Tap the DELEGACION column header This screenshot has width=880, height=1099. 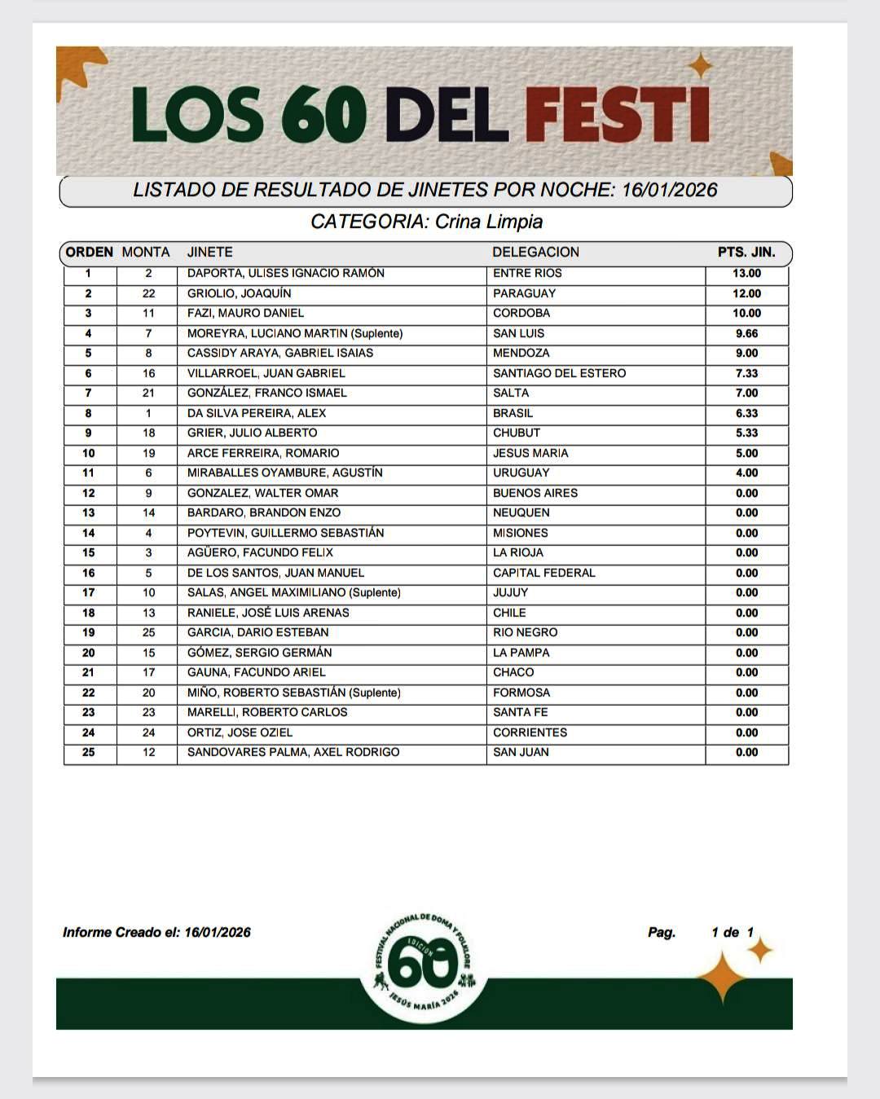pyautogui.click(x=535, y=253)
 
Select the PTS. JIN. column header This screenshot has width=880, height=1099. pyautogui.click(x=746, y=253)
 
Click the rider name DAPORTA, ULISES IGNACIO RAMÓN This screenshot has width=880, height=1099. pyautogui.click(x=285, y=274)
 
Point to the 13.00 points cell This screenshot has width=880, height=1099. pyautogui.click(x=746, y=274)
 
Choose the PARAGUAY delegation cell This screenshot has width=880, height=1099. pyautogui.click(x=524, y=293)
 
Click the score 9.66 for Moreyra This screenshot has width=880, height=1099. pyautogui.click(x=746, y=333)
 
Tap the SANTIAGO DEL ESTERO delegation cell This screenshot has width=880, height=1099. pyautogui.click(x=559, y=373)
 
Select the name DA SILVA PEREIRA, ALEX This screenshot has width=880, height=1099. pyautogui.click(x=256, y=413)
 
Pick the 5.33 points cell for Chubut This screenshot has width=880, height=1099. pyautogui.click(x=746, y=433)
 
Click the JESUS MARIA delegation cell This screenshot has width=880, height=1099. pyautogui.click(x=530, y=453)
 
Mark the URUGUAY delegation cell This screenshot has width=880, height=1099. pyautogui.click(x=521, y=473)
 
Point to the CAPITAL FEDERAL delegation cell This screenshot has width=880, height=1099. pyautogui.click(x=543, y=573)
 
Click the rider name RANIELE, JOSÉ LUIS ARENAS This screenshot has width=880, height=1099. pyautogui.click(x=267, y=613)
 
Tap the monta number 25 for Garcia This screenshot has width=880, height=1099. pyautogui.click(x=148, y=633)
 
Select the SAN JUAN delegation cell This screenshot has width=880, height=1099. pyautogui.click(x=521, y=753)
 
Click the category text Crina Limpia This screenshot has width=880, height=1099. pyautogui.click(x=488, y=222)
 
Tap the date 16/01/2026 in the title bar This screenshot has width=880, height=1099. pyautogui.click(x=669, y=191)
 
